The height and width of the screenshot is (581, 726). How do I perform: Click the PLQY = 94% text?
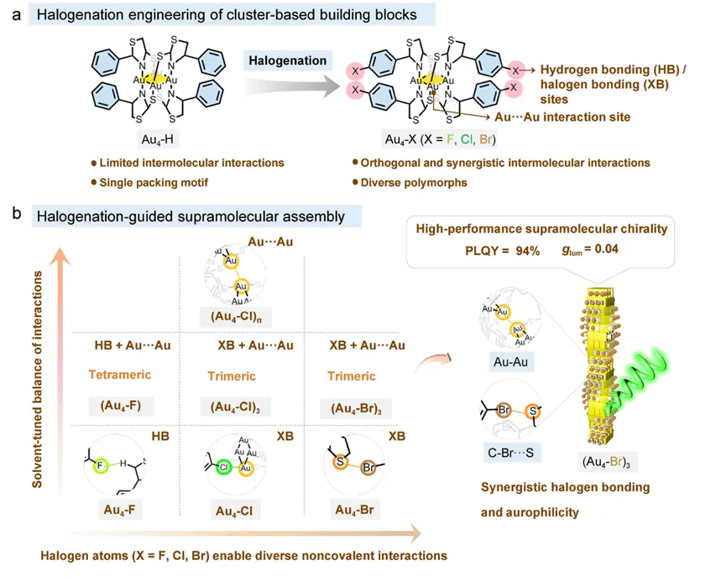point(501,250)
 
